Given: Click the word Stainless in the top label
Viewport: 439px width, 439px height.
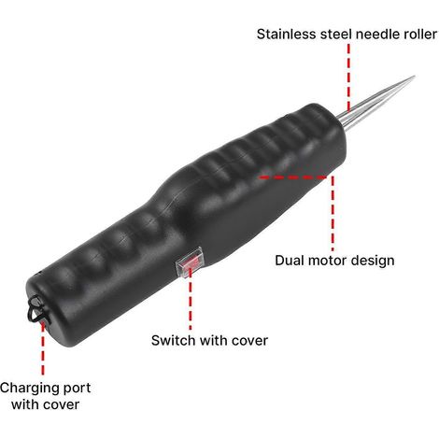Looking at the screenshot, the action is pos(286,34).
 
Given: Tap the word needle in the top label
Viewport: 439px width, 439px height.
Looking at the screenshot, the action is pos(378,34).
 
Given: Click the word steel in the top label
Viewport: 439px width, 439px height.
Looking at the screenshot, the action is pos(335,34).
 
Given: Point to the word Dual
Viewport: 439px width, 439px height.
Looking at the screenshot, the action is pos(290,261).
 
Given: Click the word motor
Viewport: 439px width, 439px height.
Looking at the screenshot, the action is pos(327,261).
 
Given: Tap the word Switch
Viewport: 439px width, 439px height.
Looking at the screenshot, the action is pos(173,340).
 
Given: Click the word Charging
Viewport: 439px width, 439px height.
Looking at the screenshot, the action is pos(29,389).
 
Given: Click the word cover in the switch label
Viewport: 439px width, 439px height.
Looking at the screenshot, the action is pos(249,341).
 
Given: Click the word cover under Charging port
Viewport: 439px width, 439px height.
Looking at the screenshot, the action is pos(61,405).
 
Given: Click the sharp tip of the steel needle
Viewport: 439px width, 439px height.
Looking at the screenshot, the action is pos(415,76).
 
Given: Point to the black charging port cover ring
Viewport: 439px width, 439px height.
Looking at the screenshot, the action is pos(37,310).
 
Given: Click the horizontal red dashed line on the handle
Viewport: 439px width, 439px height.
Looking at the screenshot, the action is pos(293,177).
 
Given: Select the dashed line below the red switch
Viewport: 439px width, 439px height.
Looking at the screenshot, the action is pos(191,301).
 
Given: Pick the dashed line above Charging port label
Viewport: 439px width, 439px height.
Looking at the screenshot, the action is pos(43,348).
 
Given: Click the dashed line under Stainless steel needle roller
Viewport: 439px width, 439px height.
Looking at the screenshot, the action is pos(348,78).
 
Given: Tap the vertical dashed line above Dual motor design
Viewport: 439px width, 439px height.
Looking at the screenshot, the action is pos(333,214).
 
